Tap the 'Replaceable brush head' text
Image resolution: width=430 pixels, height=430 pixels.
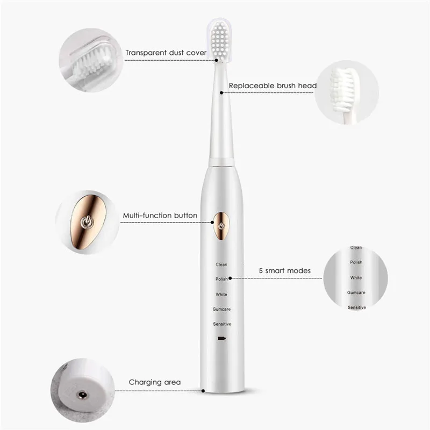[273, 85]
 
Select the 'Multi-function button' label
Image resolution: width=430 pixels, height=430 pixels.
[160, 216]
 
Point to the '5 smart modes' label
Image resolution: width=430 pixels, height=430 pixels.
[284, 270]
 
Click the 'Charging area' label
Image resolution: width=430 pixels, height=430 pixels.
[154, 382]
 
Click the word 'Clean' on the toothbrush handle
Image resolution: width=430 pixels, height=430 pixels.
[221, 264]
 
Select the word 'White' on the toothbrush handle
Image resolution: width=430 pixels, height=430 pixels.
[221, 295]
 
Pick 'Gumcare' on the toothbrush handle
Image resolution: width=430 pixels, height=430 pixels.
[221, 309]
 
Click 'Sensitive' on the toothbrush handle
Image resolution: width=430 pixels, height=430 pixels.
[221, 324]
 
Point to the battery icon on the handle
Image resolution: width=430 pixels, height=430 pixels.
[221, 339]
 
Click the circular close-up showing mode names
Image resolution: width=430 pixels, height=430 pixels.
[356, 277]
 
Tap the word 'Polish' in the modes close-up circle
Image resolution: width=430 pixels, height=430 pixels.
[356, 262]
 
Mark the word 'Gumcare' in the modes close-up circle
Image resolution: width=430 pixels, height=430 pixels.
[356, 292]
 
